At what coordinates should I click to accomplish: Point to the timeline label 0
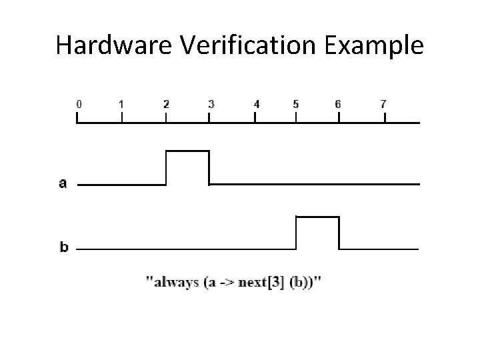pos(79,104)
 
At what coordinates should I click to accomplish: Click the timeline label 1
pos(121,104)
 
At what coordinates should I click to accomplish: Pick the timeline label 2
pos(166,104)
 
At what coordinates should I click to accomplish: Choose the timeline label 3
pos(211,104)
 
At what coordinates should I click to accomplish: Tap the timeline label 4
pos(257,104)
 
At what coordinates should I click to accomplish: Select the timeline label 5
pos(296,104)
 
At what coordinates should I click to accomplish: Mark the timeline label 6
pos(338,104)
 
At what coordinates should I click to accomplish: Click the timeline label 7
pos(383,104)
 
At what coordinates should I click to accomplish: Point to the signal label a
pos(63,183)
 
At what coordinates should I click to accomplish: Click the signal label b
pos(64,247)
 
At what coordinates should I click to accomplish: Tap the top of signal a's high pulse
pos(187,151)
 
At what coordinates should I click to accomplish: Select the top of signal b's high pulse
pos(317,217)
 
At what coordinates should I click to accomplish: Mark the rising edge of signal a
pos(166,167)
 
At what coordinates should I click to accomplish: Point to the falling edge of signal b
pos(339,233)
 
